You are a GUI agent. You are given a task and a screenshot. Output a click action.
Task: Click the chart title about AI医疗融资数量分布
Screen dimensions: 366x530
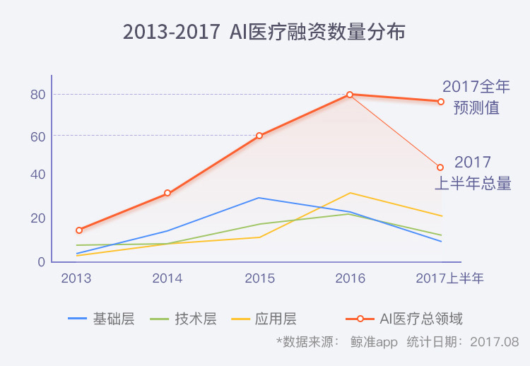[x=264, y=32]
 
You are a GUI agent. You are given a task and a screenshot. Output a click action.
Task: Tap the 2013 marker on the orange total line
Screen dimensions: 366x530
[x=79, y=230]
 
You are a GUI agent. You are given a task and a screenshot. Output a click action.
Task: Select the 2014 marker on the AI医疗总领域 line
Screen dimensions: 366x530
[x=167, y=193]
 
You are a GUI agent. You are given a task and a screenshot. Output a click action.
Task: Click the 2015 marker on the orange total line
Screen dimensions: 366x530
[x=259, y=136]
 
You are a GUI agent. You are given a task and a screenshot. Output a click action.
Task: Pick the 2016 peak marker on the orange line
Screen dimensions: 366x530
[x=350, y=95]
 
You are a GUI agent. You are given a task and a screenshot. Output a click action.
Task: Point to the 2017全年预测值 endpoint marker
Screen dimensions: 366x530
[x=440, y=102]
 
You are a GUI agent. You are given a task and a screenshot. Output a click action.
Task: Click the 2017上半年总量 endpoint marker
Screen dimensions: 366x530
[x=440, y=167]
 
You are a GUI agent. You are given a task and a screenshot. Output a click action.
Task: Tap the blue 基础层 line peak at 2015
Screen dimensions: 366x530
[x=259, y=198]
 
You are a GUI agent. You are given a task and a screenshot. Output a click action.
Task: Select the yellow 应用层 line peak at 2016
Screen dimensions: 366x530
[x=350, y=193]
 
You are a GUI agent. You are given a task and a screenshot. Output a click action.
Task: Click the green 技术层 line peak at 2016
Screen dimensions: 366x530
[x=350, y=213]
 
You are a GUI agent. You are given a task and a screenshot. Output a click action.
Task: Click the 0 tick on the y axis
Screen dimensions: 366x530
[x=42, y=261]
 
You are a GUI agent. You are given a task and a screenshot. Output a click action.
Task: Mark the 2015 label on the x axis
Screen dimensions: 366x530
[x=259, y=278]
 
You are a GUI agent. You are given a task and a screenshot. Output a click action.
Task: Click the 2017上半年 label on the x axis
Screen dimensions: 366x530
[x=449, y=278]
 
